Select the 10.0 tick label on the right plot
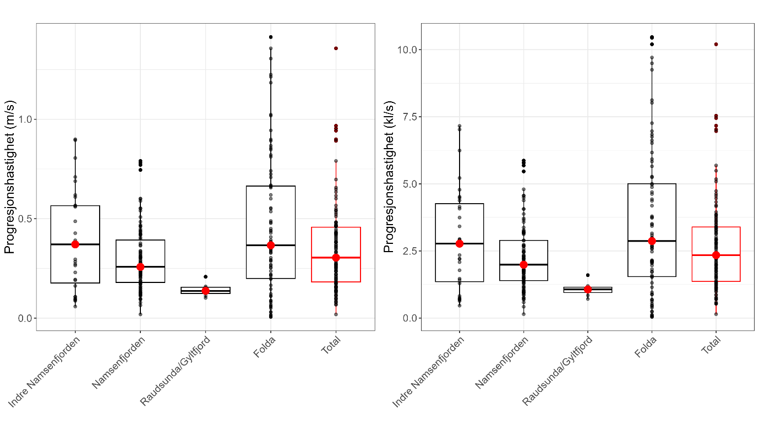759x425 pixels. tap(406, 50)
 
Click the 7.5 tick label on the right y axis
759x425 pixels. tap(408, 117)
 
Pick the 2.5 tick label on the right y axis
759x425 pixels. tap(408, 251)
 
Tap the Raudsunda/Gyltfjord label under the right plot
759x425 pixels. tap(558, 370)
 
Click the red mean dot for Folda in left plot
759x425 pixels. tap(271, 245)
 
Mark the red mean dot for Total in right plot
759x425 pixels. tap(716, 255)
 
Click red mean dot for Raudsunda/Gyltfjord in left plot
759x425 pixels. tap(206, 291)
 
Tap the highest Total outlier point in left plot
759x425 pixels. tap(336, 48)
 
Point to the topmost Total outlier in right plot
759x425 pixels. tap(716, 44)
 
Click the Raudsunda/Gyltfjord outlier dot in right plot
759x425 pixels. tap(588, 275)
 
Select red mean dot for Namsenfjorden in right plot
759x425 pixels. tap(523, 264)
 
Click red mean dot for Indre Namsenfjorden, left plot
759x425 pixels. tap(75, 244)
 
